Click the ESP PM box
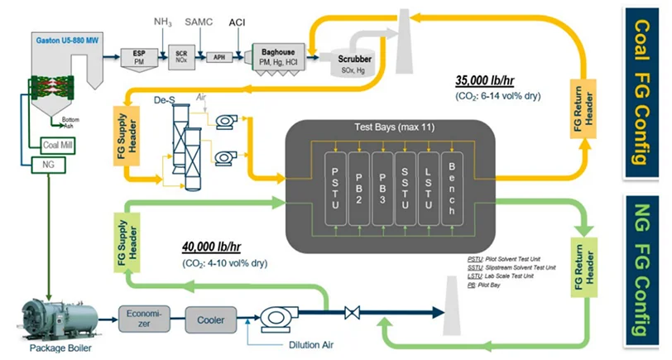[x=138, y=55]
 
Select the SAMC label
[x=199, y=20]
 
